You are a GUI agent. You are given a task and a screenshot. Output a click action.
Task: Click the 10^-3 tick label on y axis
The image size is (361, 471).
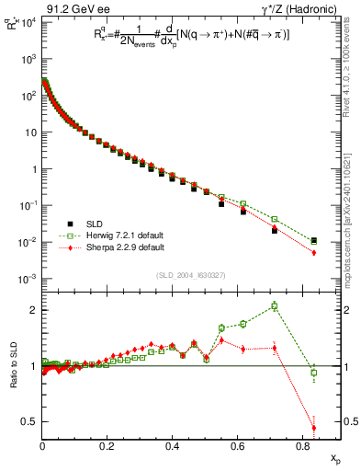tap(28, 279)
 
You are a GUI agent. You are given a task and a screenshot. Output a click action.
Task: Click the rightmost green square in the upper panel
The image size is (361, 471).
tap(314, 241)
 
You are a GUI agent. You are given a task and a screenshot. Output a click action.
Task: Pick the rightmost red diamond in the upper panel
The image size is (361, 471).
tap(314, 253)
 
